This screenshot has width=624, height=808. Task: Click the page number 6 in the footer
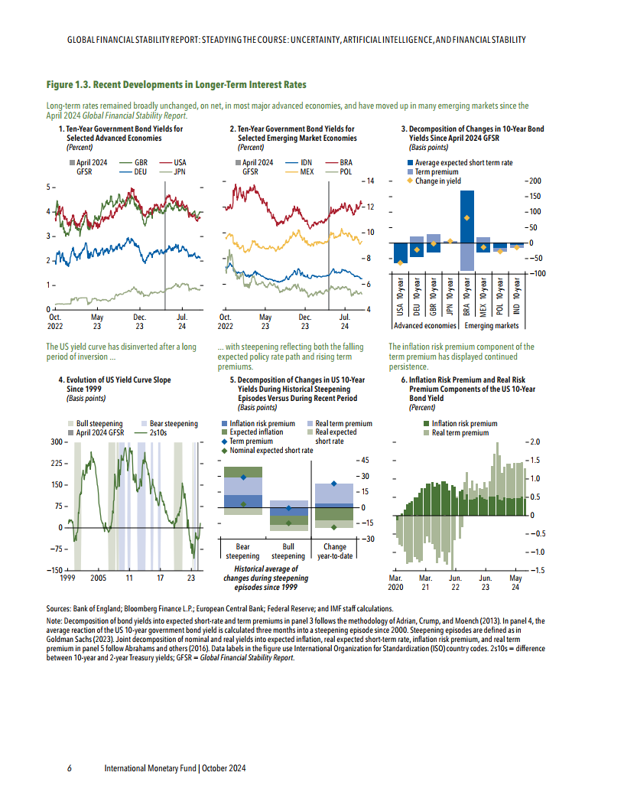click(x=70, y=768)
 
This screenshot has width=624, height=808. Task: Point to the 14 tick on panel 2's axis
click(x=368, y=181)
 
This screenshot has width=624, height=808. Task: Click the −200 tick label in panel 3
click(x=530, y=181)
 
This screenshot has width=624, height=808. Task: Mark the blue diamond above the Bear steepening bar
click(x=243, y=477)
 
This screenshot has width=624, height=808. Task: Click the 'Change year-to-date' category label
click(x=335, y=552)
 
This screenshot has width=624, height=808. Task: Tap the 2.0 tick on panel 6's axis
click(x=535, y=442)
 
